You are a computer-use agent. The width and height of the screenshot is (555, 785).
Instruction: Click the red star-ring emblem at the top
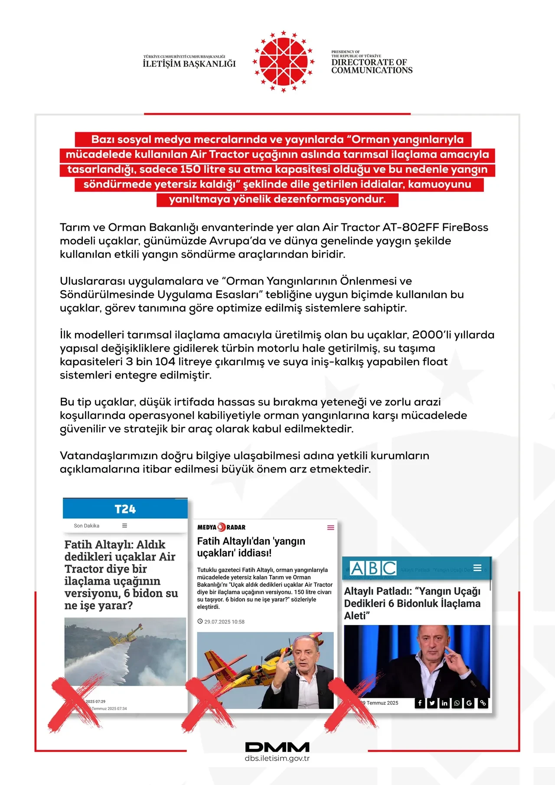[x=283, y=62]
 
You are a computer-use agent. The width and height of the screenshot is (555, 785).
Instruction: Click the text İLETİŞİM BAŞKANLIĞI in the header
[x=189, y=64]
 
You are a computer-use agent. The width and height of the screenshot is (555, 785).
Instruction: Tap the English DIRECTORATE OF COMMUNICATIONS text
[x=372, y=66]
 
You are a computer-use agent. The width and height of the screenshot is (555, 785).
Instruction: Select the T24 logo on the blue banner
[x=125, y=509]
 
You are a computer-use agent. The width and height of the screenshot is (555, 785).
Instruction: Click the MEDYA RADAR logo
[x=221, y=527]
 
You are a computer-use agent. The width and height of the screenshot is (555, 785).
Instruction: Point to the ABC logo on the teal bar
[x=373, y=568]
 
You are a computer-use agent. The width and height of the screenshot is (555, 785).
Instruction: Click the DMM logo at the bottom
[x=277, y=747]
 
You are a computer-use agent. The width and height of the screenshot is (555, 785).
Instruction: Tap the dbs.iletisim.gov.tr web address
[x=277, y=759]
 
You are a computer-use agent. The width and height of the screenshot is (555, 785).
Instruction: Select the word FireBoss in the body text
[x=465, y=227]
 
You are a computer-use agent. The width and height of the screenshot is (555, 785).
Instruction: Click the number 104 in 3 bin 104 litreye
[x=165, y=362]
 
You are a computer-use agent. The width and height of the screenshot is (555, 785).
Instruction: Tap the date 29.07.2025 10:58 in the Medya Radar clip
[x=224, y=622]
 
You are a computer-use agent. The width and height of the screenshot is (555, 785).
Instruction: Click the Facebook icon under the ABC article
[x=420, y=703]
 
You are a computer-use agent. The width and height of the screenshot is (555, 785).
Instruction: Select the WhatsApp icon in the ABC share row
[x=457, y=703]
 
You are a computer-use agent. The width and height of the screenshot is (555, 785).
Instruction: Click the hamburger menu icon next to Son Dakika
[x=124, y=526]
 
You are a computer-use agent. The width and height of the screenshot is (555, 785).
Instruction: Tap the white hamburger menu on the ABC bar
[x=477, y=568]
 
